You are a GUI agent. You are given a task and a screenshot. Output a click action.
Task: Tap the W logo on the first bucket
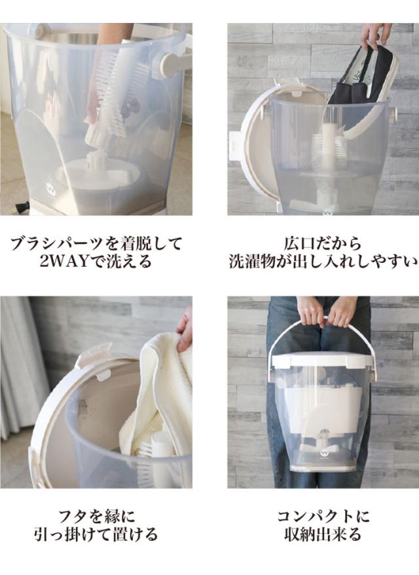tap(49, 182)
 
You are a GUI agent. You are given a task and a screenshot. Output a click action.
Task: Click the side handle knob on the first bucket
tap(172, 62)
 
